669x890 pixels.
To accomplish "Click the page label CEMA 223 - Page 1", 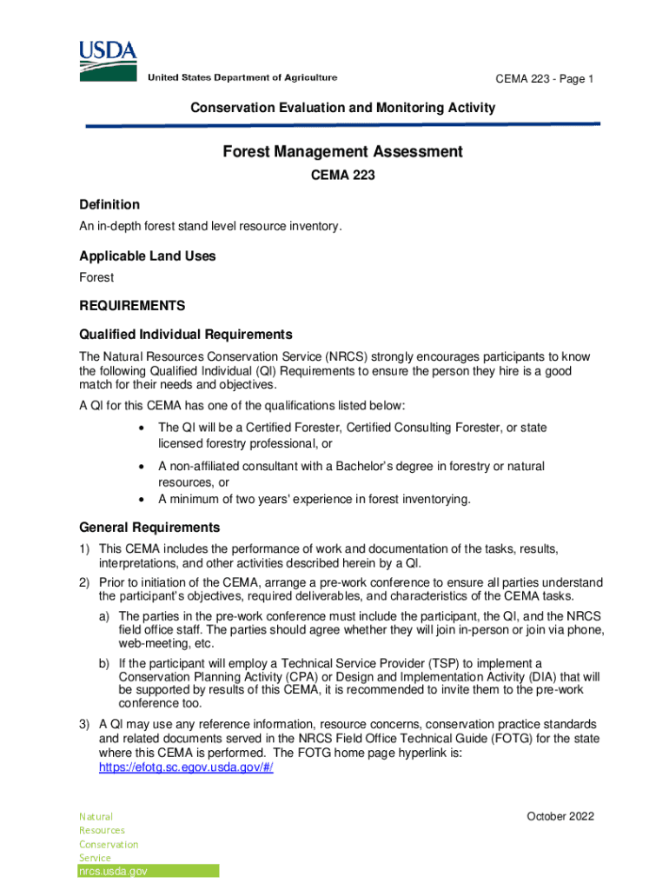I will tap(544, 79).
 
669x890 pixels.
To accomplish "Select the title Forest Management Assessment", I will tap(342, 152).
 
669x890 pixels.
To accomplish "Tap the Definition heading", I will tap(109, 204).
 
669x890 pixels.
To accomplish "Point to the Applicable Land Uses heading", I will tap(147, 256).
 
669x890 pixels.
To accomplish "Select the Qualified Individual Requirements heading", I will tap(185, 335).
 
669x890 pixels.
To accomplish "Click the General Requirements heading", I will tap(149, 528).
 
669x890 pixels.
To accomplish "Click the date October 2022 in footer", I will tap(560, 816).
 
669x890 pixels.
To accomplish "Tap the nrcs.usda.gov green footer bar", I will tap(148, 871).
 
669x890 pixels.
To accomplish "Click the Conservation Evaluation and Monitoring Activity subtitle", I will tap(342, 108).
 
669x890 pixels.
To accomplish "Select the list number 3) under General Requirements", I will tap(85, 723).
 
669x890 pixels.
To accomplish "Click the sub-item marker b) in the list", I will tap(103, 663).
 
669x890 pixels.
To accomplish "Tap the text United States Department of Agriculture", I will tap(242, 78).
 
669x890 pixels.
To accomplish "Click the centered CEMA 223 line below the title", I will tap(342, 176).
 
